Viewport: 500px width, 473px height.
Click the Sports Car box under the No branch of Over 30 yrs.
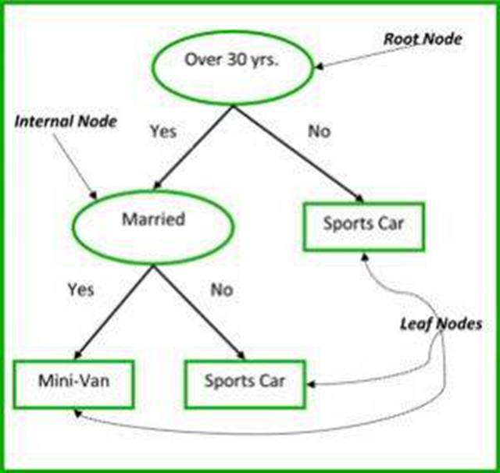tap(362, 225)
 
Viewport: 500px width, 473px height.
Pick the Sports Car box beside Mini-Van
tap(245, 382)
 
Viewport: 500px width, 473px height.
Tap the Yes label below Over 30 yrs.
tap(163, 131)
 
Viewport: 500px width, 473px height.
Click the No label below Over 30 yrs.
tap(318, 131)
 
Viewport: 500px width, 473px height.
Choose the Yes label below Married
tap(80, 290)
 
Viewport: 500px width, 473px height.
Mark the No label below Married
tap(221, 290)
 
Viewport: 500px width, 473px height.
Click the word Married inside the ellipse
tap(152, 219)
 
